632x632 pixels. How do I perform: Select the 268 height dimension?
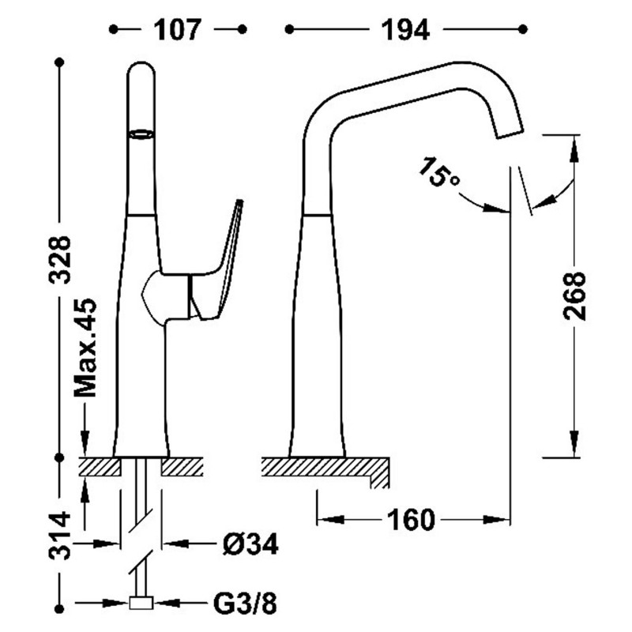click(574, 295)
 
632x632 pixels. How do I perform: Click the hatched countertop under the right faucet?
click(324, 468)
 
